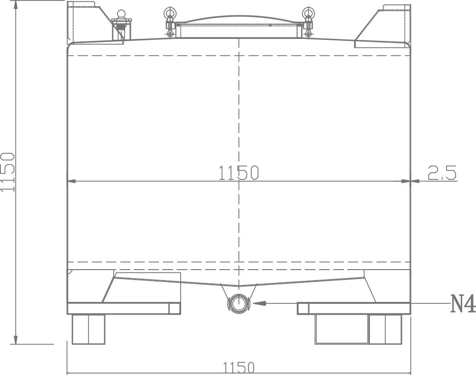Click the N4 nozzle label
tap(463, 304)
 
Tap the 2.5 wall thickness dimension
tap(442, 173)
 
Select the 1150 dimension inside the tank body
tap(238, 172)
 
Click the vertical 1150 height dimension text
tap(7, 172)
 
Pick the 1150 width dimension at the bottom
tap(238, 367)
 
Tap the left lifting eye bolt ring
tap(169, 13)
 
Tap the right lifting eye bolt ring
tap(308, 13)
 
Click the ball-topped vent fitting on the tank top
tap(121, 24)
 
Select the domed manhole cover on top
tap(239, 19)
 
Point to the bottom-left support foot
tap(88, 329)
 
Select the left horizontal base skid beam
tap(124, 309)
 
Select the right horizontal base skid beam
tap(354, 309)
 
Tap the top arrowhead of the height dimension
tap(16, 6)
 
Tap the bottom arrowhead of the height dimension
tap(16, 338)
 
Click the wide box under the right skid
tap(342, 329)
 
